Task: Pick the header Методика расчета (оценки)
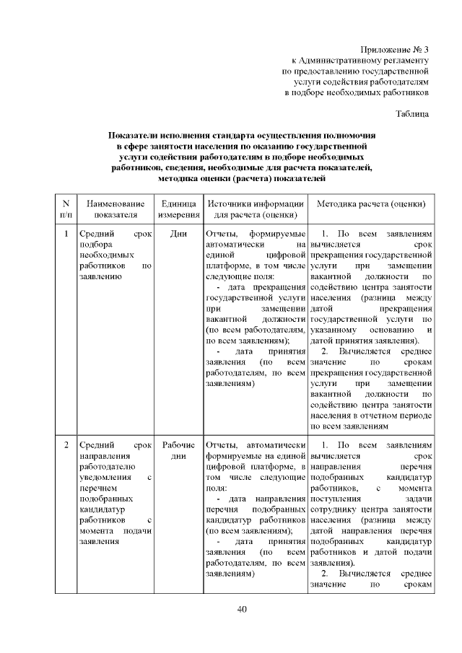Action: click(x=370, y=204)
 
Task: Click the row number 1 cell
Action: click(x=66, y=235)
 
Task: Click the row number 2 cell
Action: click(x=66, y=445)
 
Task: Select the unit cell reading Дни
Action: click(x=178, y=235)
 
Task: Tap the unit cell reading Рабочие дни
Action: click(x=178, y=451)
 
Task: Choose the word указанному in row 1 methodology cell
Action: click(x=334, y=330)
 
